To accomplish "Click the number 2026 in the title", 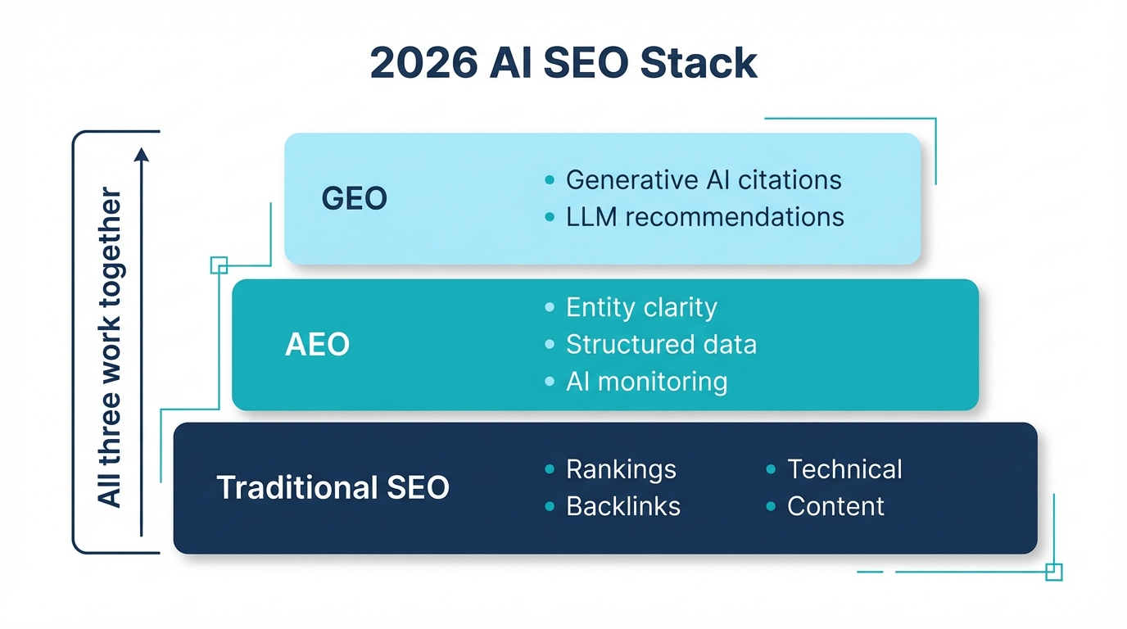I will (x=423, y=63).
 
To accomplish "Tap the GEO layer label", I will (x=354, y=199).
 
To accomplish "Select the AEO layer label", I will (x=317, y=345).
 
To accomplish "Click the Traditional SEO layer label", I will (x=333, y=488).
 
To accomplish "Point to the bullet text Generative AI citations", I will (x=704, y=179).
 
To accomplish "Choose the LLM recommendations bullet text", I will (x=704, y=217).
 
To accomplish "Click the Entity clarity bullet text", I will (x=641, y=308).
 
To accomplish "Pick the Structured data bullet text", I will (x=661, y=345).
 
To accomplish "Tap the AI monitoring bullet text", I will (x=646, y=382).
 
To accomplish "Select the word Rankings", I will (x=621, y=469).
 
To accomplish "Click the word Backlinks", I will (x=622, y=506).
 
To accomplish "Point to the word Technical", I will (x=844, y=469).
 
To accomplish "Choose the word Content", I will (x=835, y=506).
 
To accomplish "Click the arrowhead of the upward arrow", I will (x=142, y=154).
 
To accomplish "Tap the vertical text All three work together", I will (x=110, y=347).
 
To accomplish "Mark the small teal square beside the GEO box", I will (x=219, y=265).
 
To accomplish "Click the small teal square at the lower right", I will (x=1054, y=572).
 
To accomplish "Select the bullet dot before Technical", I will (x=771, y=469).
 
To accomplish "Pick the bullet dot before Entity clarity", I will (x=550, y=308).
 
